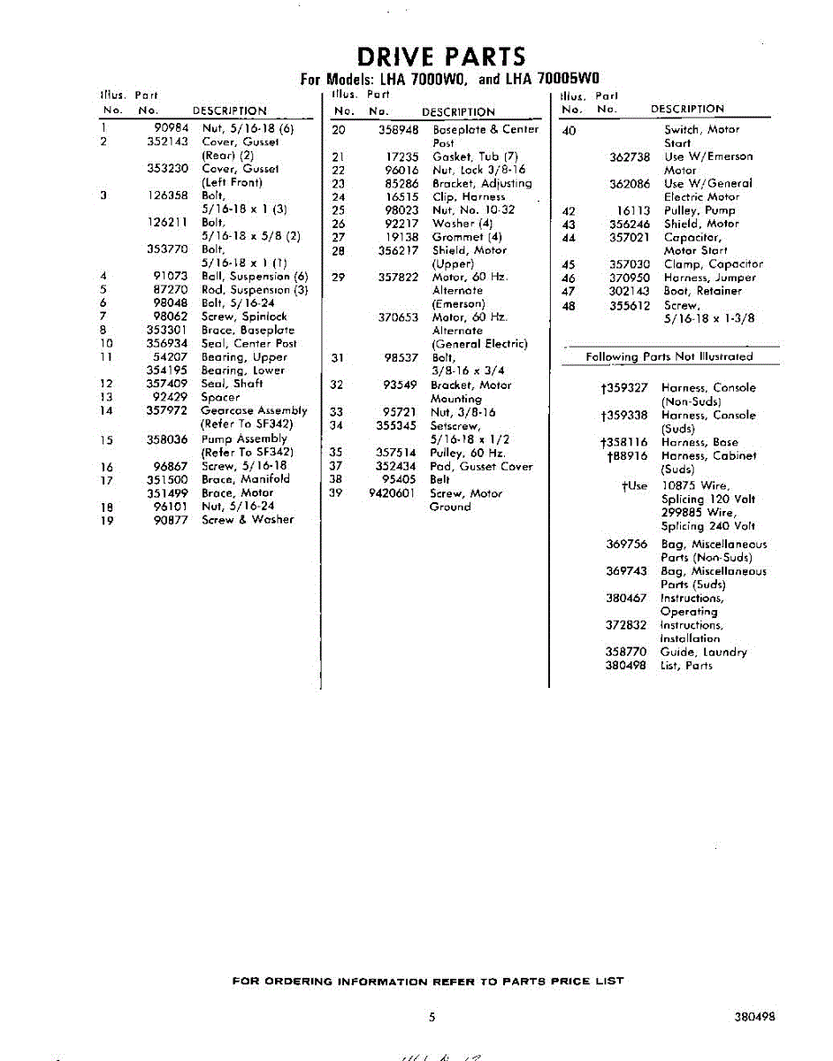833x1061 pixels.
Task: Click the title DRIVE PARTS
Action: tap(439, 57)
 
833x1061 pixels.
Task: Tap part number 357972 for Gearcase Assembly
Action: tap(167, 411)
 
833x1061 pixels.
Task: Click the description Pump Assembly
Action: tap(244, 439)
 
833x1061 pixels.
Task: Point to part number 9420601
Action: tap(392, 493)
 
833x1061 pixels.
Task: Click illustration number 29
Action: tap(338, 278)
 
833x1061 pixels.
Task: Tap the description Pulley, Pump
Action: tap(699, 210)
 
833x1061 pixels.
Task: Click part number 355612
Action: tap(630, 305)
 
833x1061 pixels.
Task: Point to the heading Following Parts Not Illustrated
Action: tap(669, 357)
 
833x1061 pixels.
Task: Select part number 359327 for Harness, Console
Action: tap(625, 388)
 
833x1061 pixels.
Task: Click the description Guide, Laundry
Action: tap(704, 653)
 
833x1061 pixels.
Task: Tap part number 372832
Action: tap(626, 625)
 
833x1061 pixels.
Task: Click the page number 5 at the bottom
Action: tap(432, 1017)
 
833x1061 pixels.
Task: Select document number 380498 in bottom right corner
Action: tap(754, 1017)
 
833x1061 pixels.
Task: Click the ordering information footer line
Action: tap(427, 981)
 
